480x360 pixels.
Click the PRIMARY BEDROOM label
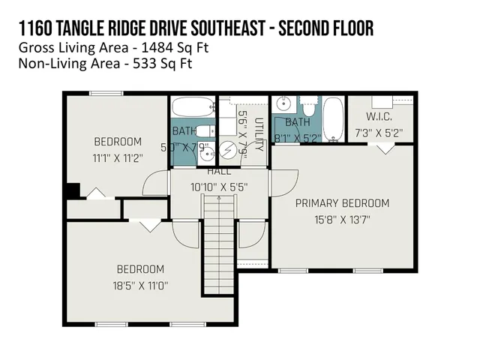click(x=342, y=203)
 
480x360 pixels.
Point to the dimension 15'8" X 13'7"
click(x=342, y=220)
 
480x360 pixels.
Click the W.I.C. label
click(x=379, y=117)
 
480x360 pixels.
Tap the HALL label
click(x=219, y=172)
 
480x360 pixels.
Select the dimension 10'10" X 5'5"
click(x=219, y=186)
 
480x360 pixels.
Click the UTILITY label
click(x=259, y=135)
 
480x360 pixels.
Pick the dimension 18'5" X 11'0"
click(x=140, y=286)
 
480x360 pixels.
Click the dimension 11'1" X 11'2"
click(x=118, y=157)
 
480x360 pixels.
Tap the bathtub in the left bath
click(x=193, y=106)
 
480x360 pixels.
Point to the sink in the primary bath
click(x=283, y=105)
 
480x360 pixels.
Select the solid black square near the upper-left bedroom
click(x=72, y=190)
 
